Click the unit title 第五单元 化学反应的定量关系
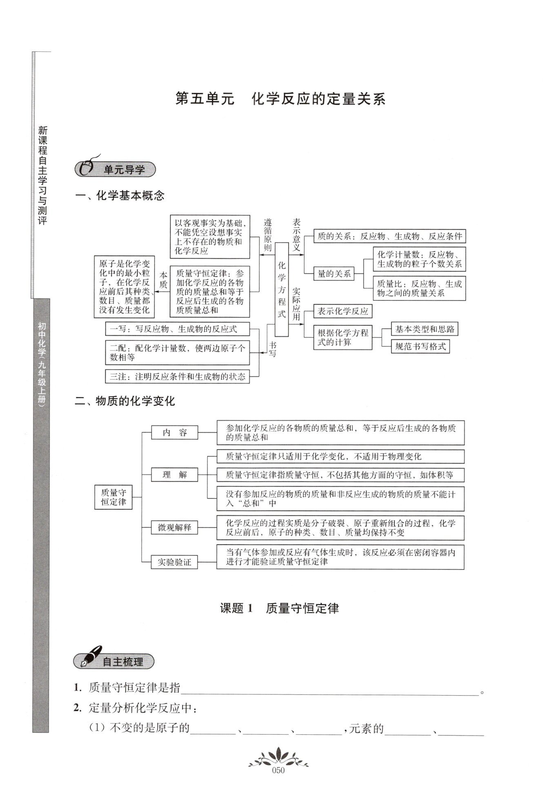coord(280,99)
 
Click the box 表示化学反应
coord(342,312)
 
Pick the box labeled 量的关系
coord(334,274)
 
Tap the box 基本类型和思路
coord(424,329)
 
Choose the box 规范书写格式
coord(420,347)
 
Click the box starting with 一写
coord(177,329)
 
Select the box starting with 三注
coord(177,376)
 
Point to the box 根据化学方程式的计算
coord(342,338)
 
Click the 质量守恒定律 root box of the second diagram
coord(113,497)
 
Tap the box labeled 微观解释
coord(174,527)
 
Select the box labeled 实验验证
coord(174,562)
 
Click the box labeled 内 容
coord(174,432)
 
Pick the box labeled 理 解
coord(174,475)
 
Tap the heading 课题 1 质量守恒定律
coord(279,609)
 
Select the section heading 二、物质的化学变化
coord(124,401)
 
